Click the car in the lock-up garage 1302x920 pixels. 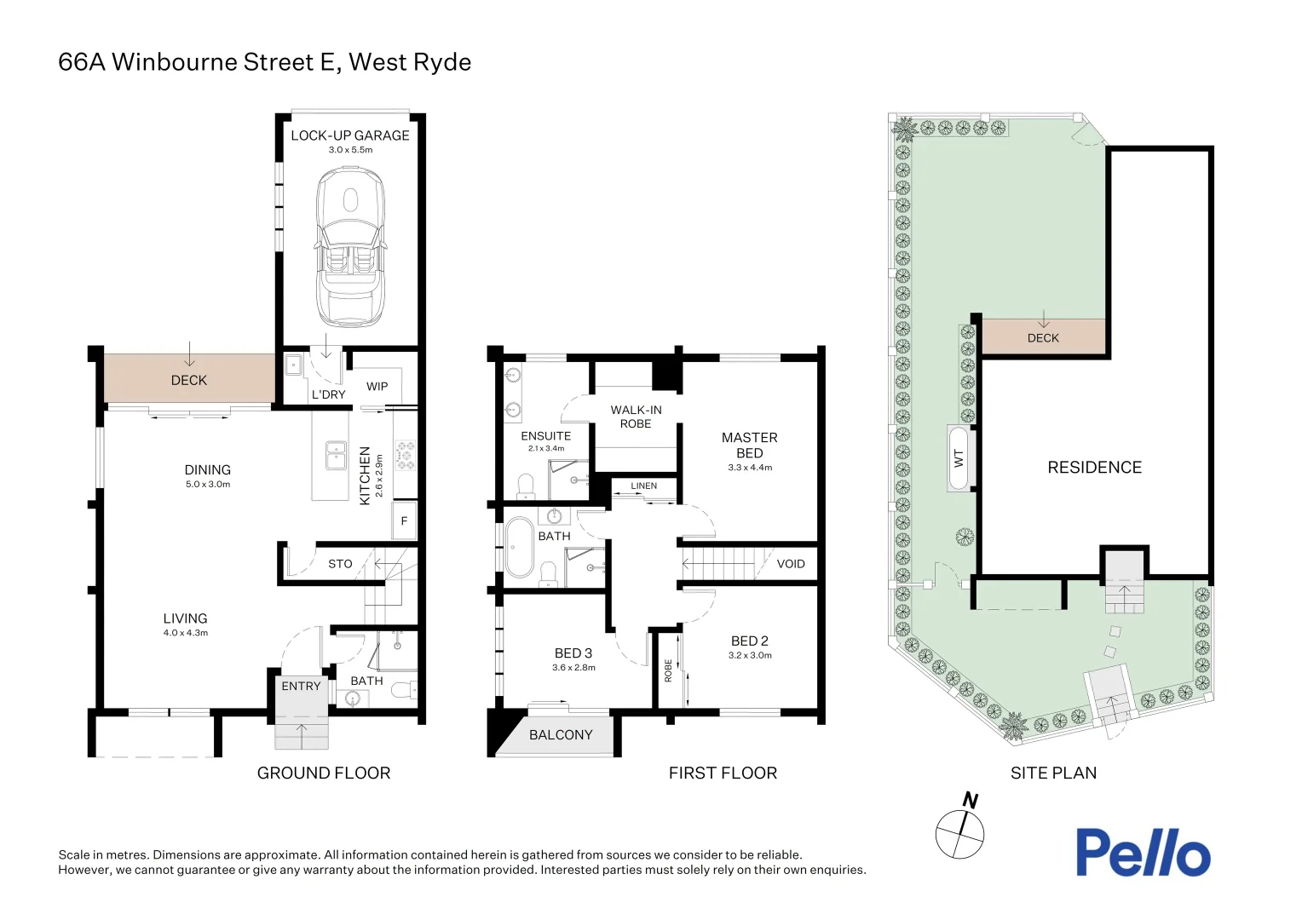[x=350, y=247]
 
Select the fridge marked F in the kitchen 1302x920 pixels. [x=405, y=520]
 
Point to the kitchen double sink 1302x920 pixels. [x=336, y=455]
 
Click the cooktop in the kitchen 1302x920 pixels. [x=406, y=456]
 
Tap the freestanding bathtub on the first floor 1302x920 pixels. [x=519, y=547]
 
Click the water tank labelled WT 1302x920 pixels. [x=959, y=458]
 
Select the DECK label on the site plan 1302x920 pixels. [x=1043, y=337]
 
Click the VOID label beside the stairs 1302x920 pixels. [x=791, y=564]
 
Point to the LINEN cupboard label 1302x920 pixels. [x=643, y=486]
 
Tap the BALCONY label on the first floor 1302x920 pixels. [x=561, y=734]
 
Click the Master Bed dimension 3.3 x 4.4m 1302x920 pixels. [x=750, y=468]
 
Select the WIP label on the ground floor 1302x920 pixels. [x=377, y=387]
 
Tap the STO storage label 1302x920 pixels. [x=340, y=564]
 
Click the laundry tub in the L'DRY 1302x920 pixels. [x=293, y=365]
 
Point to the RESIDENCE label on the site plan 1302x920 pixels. [x=1094, y=468]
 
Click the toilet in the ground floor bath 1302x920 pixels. [x=403, y=689]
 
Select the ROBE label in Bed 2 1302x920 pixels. [x=668, y=670]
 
